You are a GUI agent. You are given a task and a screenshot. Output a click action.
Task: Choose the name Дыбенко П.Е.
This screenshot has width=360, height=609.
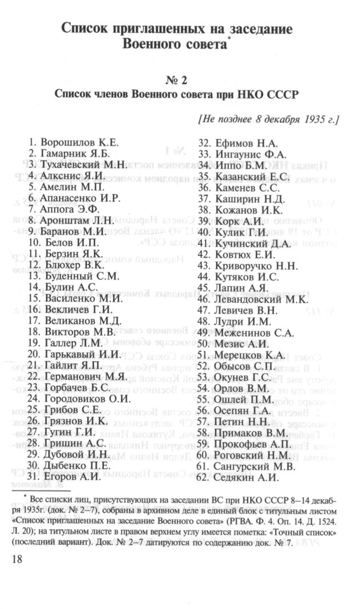[x=77, y=466]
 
